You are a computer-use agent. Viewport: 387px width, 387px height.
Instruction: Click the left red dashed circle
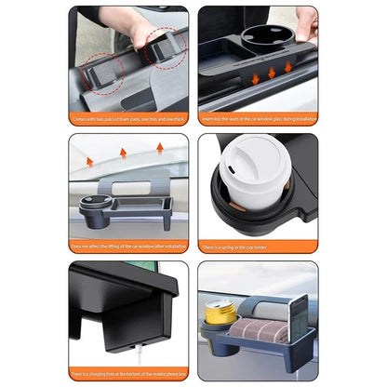coord(105,68)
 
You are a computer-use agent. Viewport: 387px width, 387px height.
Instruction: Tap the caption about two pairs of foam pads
coord(128,119)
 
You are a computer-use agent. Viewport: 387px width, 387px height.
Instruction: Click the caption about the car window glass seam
coord(258,119)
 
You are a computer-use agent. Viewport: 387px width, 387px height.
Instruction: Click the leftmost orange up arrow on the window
coord(90,161)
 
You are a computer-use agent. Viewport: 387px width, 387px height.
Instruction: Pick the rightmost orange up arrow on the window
coord(159,148)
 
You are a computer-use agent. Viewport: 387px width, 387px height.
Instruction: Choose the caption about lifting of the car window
coord(128,247)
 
